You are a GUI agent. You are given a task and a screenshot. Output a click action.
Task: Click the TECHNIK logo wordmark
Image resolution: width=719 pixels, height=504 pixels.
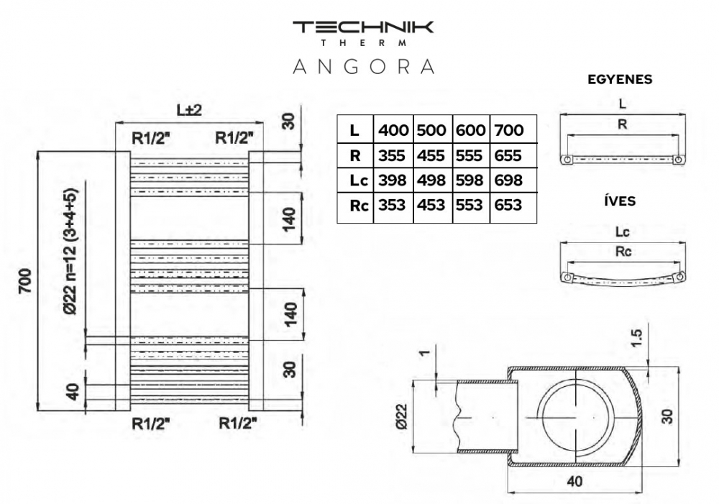[x=362, y=28]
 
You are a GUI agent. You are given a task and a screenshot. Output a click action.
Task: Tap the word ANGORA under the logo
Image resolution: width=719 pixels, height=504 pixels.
[x=363, y=66]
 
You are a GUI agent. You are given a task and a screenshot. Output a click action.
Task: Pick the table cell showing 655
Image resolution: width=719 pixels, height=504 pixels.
[x=509, y=155]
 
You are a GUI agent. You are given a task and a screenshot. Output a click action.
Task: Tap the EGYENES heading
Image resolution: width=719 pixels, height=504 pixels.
[x=620, y=80]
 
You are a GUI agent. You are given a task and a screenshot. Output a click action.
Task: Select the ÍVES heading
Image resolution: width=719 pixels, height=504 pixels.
[x=620, y=201]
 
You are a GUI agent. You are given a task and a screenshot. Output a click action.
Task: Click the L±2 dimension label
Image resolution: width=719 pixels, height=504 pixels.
[x=188, y=110]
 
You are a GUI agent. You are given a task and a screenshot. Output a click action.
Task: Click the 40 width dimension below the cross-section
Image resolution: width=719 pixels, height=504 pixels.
[x=574, y=482]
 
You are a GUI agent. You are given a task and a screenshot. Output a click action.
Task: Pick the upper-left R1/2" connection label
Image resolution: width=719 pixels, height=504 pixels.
[x=150, y=137]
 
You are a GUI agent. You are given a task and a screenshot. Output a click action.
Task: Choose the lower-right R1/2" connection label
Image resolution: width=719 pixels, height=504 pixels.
[x=238, y=423]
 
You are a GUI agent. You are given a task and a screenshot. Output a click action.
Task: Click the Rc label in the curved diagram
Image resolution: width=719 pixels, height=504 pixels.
[x=622, y=252]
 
